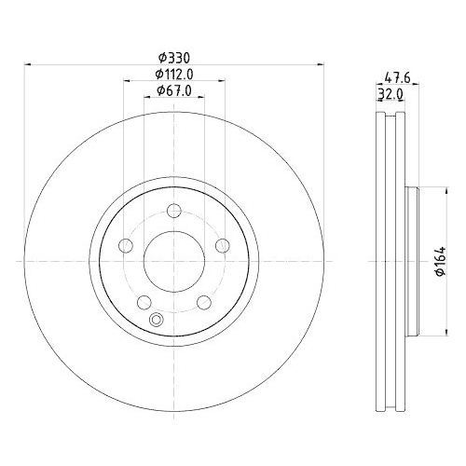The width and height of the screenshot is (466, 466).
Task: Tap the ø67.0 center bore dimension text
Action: (x=173, y=90)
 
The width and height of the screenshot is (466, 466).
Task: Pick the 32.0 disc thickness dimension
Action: (x=391, y=95)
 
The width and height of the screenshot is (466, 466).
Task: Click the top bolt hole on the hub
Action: (x=174, y=212)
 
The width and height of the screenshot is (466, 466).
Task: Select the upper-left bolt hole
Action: (x=128, y=246)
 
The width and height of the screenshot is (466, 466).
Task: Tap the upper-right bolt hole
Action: (x=222, y=246)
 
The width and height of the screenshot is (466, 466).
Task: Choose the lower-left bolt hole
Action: (x=145, y=301)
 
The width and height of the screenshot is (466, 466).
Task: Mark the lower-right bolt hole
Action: (x=204, y=301)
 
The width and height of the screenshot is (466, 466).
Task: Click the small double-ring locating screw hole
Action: (x=157, y=322)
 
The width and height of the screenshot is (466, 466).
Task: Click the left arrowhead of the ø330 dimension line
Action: (x=27, y=65)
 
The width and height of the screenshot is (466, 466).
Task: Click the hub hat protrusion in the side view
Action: (x=417, y=262)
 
